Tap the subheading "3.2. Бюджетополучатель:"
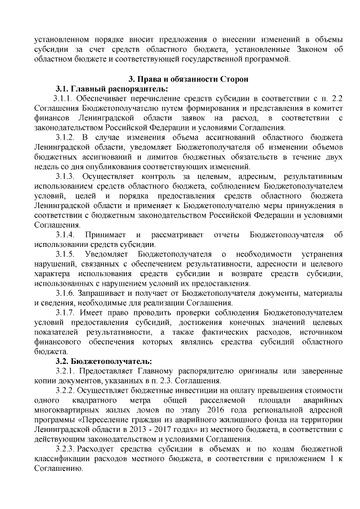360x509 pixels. coord(103,361)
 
